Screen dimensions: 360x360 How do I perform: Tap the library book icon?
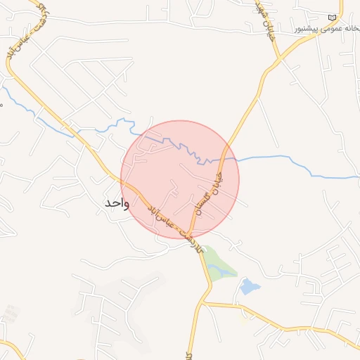tap(332, 18)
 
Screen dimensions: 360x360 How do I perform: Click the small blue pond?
tap(249, 286)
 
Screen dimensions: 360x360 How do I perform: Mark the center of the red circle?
tap(180, 179)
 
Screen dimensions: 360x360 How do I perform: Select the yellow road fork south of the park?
tap(204, 302)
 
